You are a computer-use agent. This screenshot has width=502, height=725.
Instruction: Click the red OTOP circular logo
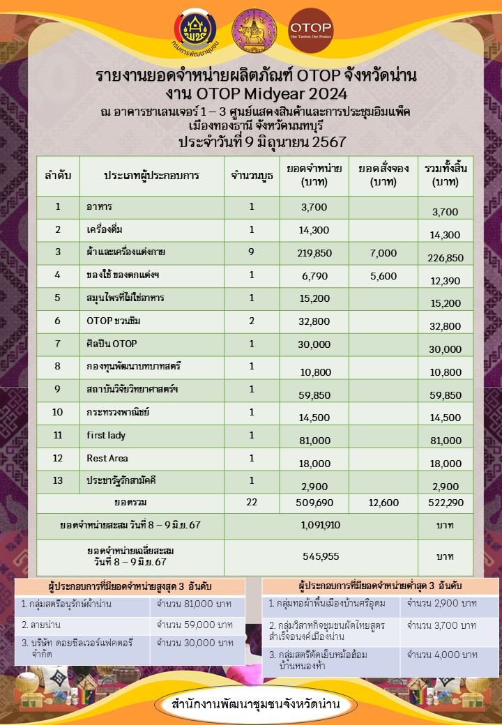[x=310, y=31]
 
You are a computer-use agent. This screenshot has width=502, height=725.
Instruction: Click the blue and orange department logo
[x=195, y=31]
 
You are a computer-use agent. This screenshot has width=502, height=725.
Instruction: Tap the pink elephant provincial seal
[x=253, y=31]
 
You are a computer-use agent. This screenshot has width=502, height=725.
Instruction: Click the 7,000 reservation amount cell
[x=383, y=253]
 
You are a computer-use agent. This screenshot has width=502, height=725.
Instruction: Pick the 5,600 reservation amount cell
[x=383, y=276]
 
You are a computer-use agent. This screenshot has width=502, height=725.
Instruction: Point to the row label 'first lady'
[x=106, y=436]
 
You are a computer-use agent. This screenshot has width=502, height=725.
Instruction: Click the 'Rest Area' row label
[x=107, y=459]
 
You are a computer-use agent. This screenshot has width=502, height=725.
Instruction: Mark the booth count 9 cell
[x=251, y=253]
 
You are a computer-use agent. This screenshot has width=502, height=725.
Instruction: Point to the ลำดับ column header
[x=58, y=175]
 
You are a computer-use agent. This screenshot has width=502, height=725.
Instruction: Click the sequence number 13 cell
[x=58, y=482]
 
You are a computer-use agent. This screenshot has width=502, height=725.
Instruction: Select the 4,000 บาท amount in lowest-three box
[x=442, y=655]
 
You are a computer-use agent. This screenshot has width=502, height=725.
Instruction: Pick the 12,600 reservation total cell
[x=383, y=503]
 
